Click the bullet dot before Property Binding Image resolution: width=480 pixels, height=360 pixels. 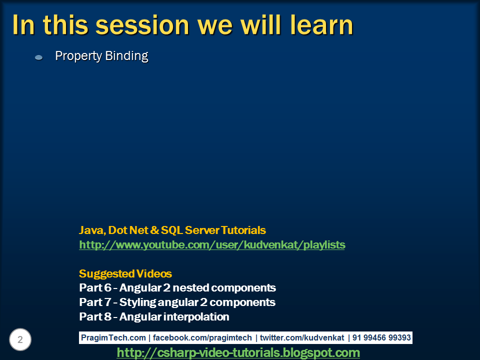click(39, 57)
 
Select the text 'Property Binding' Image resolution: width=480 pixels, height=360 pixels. click(101, 56)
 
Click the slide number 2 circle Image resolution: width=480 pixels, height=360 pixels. click(20, 340)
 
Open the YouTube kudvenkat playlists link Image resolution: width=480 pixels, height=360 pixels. click(212, 245)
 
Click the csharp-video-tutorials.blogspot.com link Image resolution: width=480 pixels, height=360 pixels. click(238, 352)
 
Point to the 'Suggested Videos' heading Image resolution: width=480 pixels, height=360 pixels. click(125, 274)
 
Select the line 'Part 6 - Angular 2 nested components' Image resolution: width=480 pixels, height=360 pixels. click(177, 288)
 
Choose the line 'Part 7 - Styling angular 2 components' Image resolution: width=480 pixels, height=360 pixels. click(177, 302)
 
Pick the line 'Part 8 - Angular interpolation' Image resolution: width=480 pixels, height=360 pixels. click(154, 317)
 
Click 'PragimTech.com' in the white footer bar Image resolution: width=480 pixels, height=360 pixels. click(114, 338)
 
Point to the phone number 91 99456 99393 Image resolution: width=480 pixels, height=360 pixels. click(381, 338)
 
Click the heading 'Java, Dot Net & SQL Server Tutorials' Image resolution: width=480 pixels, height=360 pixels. click(172, 230)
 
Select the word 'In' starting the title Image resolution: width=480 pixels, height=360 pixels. click(23, 25)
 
